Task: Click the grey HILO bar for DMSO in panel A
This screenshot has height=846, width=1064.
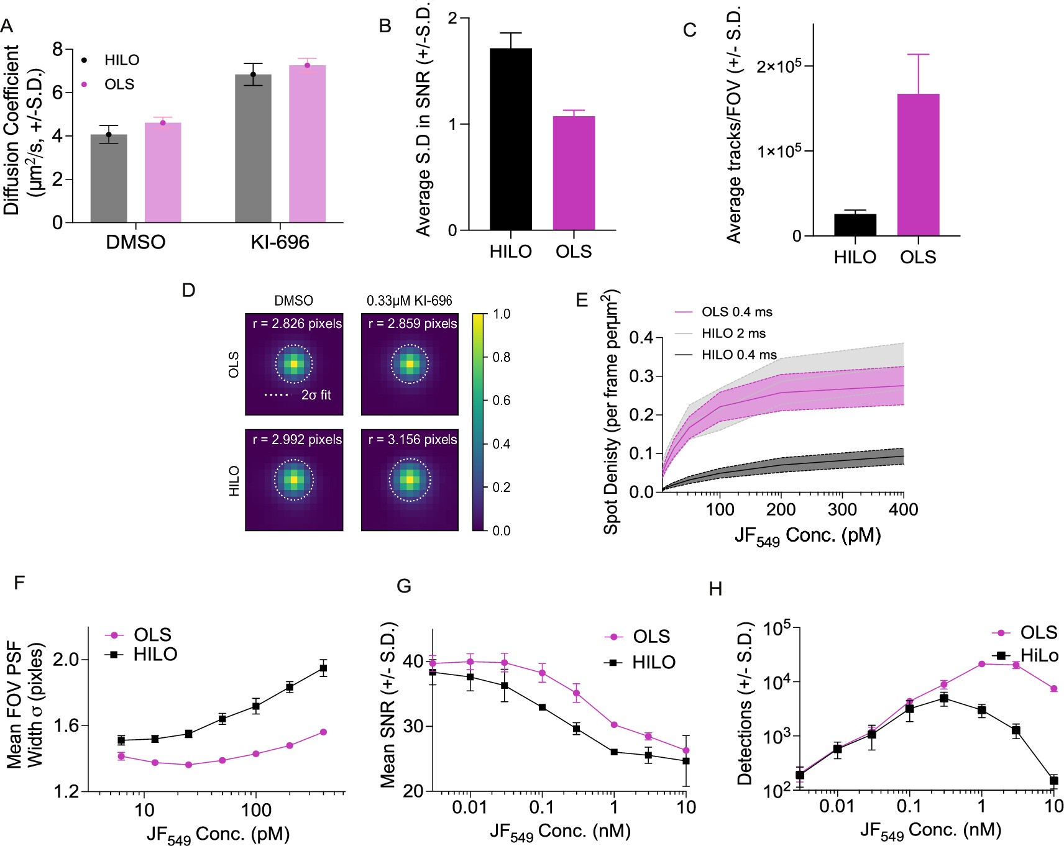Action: (x=109, y=180)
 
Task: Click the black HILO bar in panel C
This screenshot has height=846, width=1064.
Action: (x=855, y=225)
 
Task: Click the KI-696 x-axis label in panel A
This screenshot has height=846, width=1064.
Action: (x=280, y=242)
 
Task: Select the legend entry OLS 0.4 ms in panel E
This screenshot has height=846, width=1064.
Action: (x=736, y=312)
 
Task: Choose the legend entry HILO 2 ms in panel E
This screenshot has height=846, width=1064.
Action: (x=733, y=334)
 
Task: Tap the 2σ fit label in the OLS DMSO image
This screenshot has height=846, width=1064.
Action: (x=315, y=395)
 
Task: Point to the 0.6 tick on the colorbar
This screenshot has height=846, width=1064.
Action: (x=502, y=401)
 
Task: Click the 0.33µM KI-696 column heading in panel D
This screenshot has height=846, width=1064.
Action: (x=409, y=301)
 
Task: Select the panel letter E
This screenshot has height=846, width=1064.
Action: (x=582, y=301)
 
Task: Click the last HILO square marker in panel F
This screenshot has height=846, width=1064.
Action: (x=323, y=668)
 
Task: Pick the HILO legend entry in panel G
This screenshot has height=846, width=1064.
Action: (x=653, y=662)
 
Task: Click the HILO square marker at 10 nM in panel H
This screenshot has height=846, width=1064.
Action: (x=1053, y=780)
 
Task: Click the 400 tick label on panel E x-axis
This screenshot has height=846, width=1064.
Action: (x=902, y=510)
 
